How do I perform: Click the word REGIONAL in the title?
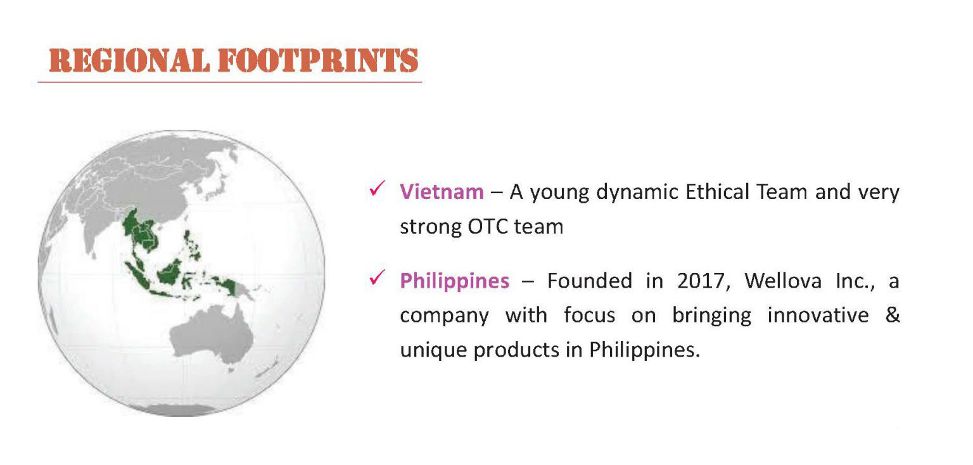coord(129,60)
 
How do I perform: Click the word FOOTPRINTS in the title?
coord(319,60)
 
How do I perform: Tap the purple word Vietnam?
coord(442,192)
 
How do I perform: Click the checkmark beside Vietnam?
coord(377,189)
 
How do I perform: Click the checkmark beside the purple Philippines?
coord(377,277)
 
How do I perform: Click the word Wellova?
coord(783,281)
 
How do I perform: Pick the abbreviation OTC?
coord(487,227)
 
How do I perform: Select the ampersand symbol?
coord(893,315)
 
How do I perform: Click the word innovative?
coord(818,315)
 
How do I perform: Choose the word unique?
coord(433,350)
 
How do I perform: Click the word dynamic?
coord(637,192)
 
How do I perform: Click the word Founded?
coord(590,281)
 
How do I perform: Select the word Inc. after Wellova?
coord(855,281)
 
